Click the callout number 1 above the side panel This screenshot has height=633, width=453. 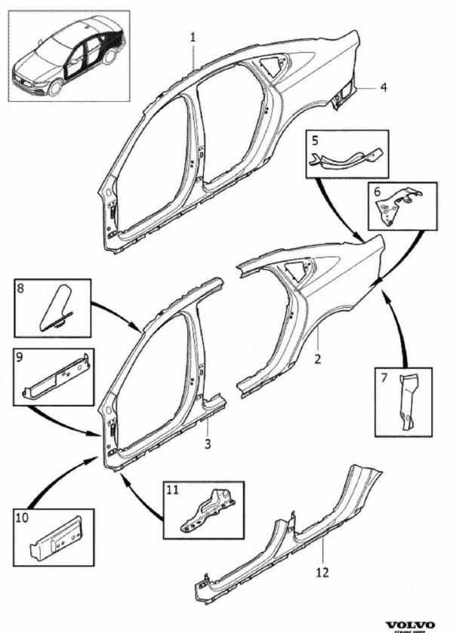click(193, 35)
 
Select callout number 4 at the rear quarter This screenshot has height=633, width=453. click(384, 88)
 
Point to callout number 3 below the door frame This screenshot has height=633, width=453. click(208, 443)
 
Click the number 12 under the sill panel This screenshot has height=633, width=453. click(322, 572)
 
